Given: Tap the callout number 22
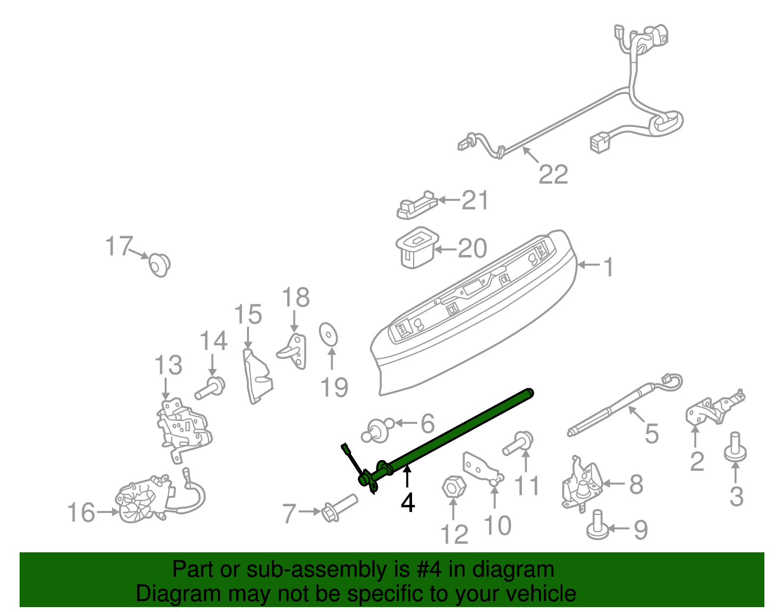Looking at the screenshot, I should click(x=553, y=174).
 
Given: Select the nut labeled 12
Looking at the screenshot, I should click(x=453, y=487).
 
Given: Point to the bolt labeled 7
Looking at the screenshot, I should click(x=340, y=508).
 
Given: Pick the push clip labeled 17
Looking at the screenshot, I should click(x=159, y=265).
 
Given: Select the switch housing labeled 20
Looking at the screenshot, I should click(x=415, y=247).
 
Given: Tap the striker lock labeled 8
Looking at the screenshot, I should click(x=582, y=483).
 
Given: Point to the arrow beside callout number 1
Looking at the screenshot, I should click(x=588, y=265).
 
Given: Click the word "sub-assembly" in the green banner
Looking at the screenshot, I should click(x=316, y=570).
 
